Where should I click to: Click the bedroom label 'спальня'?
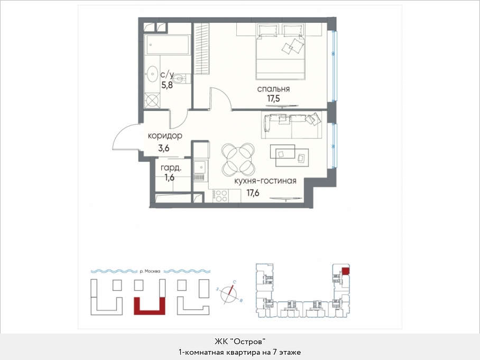[273, 89]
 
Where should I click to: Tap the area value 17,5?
[273, 98]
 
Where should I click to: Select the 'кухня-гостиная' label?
[265, 181]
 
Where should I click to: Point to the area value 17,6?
[253, 192]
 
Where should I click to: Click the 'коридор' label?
[165, 136]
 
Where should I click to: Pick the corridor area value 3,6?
[164, 148]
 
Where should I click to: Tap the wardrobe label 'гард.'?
[171, 168]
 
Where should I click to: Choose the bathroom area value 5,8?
[167, 85]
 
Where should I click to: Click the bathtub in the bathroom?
[168, 45]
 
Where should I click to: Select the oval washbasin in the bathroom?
[152, 74]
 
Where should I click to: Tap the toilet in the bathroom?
[182, 79]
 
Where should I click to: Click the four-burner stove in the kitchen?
[220, 196]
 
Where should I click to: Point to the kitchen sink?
[200, 167]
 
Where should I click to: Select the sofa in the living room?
[291, 125]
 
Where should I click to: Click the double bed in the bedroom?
[281, 52]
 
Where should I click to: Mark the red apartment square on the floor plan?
[345, 271]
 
